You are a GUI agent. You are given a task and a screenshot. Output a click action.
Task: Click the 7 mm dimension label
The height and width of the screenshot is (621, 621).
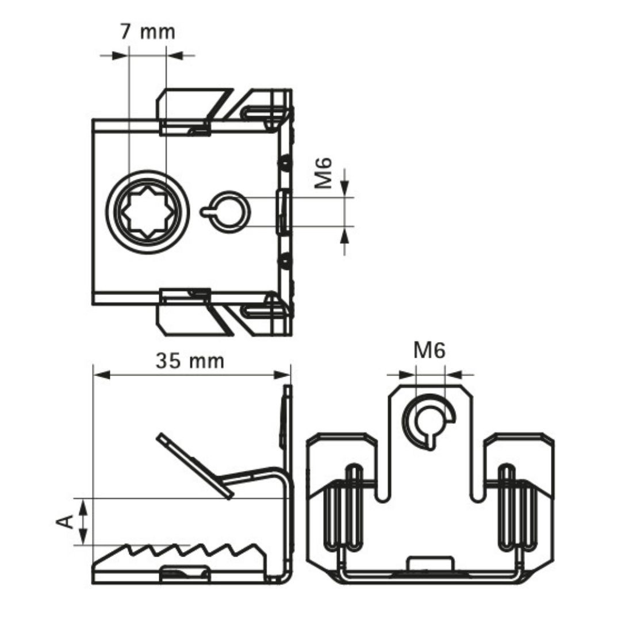(147, 32)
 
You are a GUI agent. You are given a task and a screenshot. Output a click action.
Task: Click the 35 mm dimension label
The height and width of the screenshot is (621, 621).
(190, 361)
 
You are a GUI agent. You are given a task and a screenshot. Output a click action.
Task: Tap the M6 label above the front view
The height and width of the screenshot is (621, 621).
(430, 350)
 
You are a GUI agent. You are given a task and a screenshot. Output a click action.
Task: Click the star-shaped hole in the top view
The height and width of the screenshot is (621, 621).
(148, 212)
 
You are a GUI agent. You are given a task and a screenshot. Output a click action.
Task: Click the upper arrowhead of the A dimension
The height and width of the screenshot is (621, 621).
(84, 506)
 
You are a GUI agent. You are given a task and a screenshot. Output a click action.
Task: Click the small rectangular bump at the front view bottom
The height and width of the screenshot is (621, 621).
(430, 563)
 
